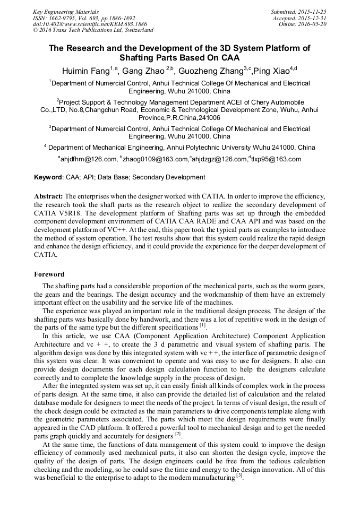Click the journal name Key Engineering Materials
(x=65, y=11)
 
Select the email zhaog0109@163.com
(x=156, y=159)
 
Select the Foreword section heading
(x=49, y=274)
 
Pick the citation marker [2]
(x=178, y=434)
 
